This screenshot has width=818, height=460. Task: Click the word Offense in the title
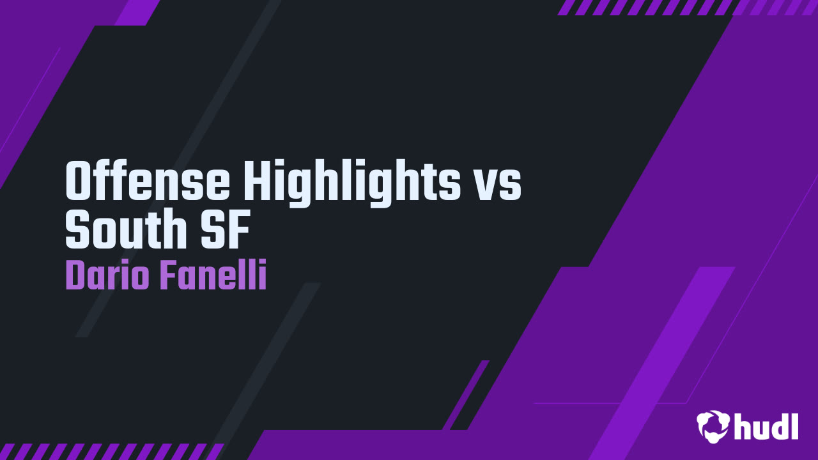click(x=148, y=181)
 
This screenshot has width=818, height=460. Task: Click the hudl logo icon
click(x=713, y=426)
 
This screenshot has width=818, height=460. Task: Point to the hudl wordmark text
click(x=766, y=426)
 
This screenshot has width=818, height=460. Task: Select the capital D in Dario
click(x=74, y=276)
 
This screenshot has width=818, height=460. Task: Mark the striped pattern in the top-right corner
click(x=687, y=7)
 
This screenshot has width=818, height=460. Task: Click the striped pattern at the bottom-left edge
click(x=109, y=451)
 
